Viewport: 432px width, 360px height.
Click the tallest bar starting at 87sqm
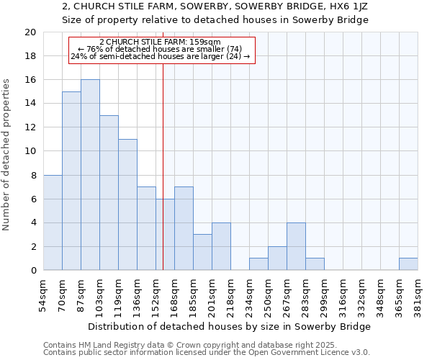(90, 175)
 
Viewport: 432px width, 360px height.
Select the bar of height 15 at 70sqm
(71, 181)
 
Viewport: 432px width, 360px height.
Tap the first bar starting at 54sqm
(53, 222)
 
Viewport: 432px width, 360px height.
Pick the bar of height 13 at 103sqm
(109, 193)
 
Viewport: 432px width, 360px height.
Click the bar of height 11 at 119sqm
(127, 204)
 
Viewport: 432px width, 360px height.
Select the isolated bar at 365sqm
(408, 264)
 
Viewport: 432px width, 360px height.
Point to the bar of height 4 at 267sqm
(296, 246)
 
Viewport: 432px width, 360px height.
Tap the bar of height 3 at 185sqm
(202, 252)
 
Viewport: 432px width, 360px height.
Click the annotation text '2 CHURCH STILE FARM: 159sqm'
(160, 42)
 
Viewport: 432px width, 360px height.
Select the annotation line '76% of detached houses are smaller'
(160, 49)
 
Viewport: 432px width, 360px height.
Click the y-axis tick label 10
(30, 151)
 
